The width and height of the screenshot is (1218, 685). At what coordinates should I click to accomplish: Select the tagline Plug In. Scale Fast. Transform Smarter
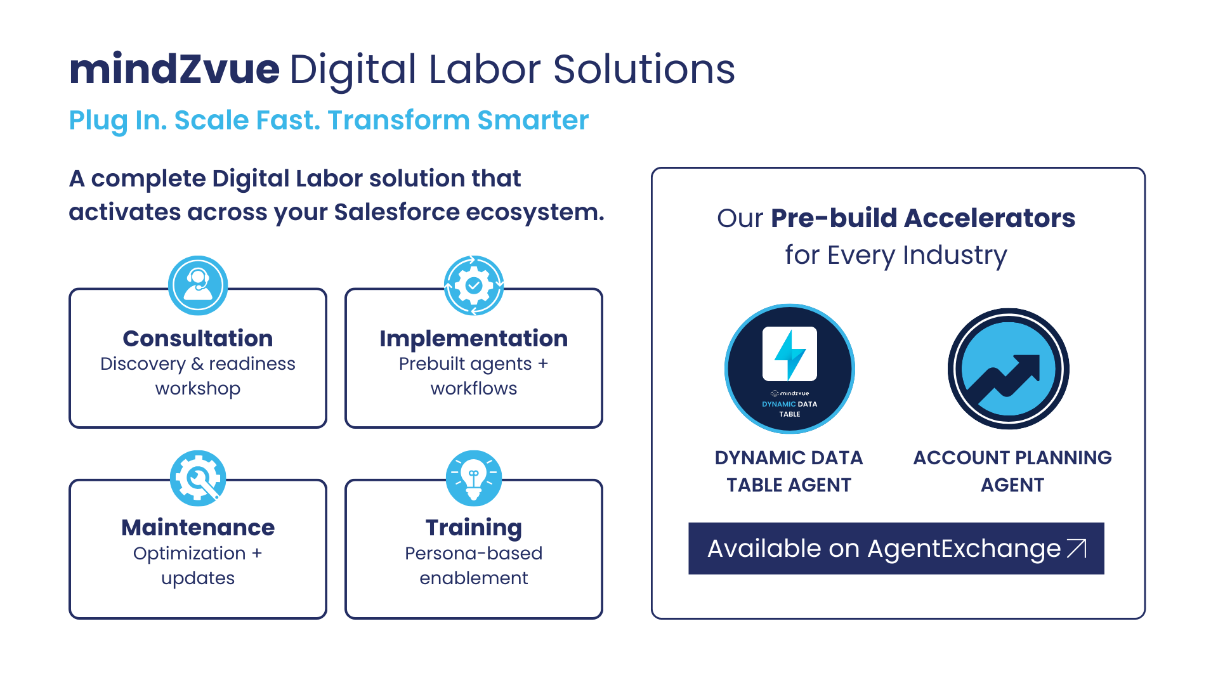tap(329, 121)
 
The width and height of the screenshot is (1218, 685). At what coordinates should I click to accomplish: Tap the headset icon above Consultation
tap(198, 285)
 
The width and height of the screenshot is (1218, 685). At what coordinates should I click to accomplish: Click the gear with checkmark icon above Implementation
tap(474, 285)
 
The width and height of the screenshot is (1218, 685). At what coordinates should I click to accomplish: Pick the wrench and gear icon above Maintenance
tap(198, 478)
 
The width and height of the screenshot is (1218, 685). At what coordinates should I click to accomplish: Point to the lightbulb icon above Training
tap(474, 478)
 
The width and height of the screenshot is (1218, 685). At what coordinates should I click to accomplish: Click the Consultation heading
tap(198, 338)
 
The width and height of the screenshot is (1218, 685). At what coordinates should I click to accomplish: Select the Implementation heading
tap(474, 339)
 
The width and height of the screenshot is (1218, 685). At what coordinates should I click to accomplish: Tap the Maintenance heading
tap(198, 527)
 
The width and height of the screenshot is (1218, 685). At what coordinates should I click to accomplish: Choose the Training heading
tap(474, 528)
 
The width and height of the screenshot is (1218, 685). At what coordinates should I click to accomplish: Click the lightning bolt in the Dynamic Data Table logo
tap(790, 354)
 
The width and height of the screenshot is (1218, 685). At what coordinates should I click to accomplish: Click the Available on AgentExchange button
tap(896, 549)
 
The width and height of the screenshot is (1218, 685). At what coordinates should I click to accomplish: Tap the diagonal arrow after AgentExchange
tap(1077, 549)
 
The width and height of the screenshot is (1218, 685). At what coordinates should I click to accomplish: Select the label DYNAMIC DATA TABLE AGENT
tap(789, 471)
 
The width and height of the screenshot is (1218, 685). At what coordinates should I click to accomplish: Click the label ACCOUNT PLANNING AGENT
tap(1012, 471)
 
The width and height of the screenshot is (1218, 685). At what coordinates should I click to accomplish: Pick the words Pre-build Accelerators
tap(923, 218)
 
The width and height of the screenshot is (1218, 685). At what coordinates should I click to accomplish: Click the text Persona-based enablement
tap(474, 566)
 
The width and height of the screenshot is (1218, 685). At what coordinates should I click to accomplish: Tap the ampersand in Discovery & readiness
tap(197, 364)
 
